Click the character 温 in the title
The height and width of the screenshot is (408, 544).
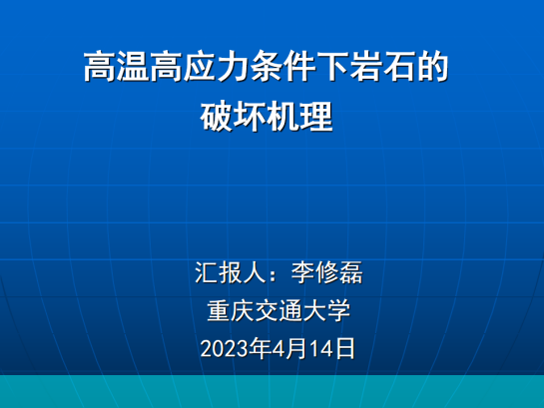(x=133, y=66)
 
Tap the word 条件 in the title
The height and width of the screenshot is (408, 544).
(x=283, y=66)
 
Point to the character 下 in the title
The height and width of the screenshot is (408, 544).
(x=332, y=66)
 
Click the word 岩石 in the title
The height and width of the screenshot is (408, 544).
(x=382, y=66)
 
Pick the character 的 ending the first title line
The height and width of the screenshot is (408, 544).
(x=432, y=66)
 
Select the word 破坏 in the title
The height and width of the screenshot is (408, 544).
(x=234, y=116)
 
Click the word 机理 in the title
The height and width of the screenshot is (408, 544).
(x=299, y=116)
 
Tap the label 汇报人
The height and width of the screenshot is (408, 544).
(x=230, y=272)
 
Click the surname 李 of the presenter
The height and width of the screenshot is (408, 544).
(x=302, y=272)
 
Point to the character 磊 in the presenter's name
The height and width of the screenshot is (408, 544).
(x=350, y=272)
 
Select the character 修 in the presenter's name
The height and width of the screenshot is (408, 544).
(x=326, y=272)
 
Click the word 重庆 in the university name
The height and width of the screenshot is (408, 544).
(x=231, y=310)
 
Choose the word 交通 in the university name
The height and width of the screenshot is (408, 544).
(x=278, y=310)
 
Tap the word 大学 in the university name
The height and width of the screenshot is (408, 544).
(x=326, y=310)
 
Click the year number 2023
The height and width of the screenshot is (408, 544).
(x=225, y=349)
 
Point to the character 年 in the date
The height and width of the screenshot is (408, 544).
(x=260, y=348)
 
